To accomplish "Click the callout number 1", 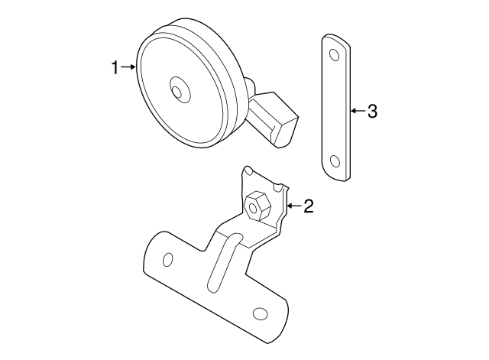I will [115, 68].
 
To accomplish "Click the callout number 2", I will [309, 206].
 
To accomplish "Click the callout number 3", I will [372, 112].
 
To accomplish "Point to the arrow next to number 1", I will [128, 68].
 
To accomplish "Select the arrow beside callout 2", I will [293, 206].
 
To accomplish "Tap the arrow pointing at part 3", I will [357, 112].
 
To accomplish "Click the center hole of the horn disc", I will [178, 92].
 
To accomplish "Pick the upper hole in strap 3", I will [334, 55].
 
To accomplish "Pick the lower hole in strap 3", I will [334, 161].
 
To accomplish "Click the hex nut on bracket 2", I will [256, 204].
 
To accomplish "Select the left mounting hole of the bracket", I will [168, 260].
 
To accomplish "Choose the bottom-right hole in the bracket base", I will [260, 315].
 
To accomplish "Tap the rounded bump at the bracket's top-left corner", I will [247, 172].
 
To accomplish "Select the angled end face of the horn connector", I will [288, 131].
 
